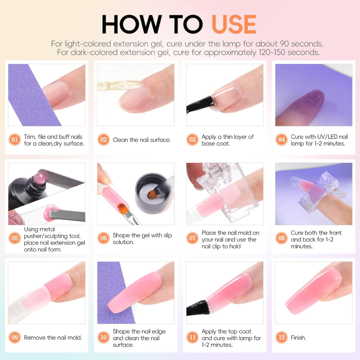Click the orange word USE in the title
pyautogui.click(x=234, y=24)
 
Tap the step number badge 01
pyautogui.click(x=15, y=140)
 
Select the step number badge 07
pyautogui.click(x=192, y=238)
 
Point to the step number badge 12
pyautogui.click(x=281, y=337)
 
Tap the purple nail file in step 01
pyautogui.click(x=32, y=95)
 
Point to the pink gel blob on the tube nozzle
pyautogui.click(x=41, y=178)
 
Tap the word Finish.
pyautogui.click(x=298, y=337)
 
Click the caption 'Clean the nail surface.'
pyautogui.click(x=142, y=140)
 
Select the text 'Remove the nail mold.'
pyautogui.click(x=53, y=337)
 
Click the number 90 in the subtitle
pyautogui.click(x=284, y=44)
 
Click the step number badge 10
pyautogui.click(x=103, y=337)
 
